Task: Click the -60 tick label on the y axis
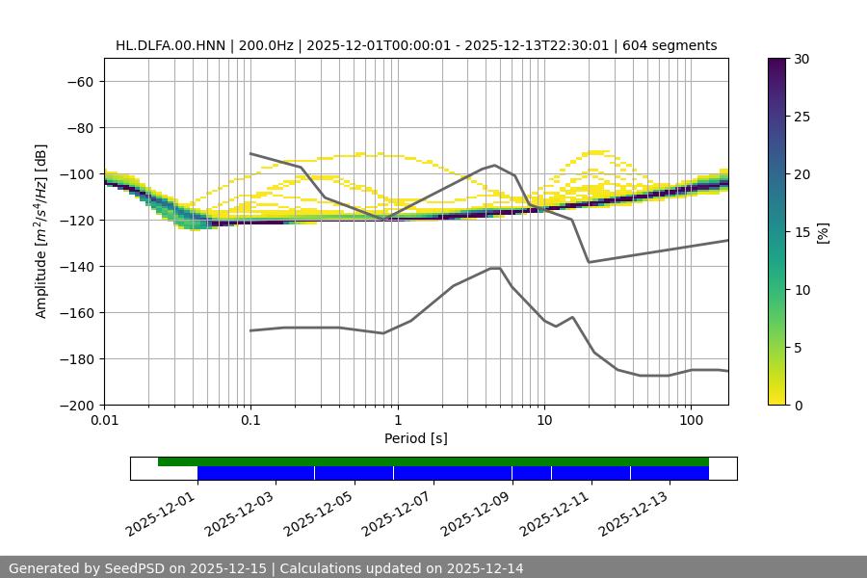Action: (x=79, y=82)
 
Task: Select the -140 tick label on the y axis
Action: (x=75, y=267)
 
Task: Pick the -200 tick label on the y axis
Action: (x=75, y=406)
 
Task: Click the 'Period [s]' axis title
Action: (x=416, y=438)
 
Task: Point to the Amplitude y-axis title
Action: (x=41, y=232)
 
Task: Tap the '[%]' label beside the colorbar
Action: (x=823, y=232)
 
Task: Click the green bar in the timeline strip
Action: (x=433, y=461)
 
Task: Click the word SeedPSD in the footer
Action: (x=134, y=568)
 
